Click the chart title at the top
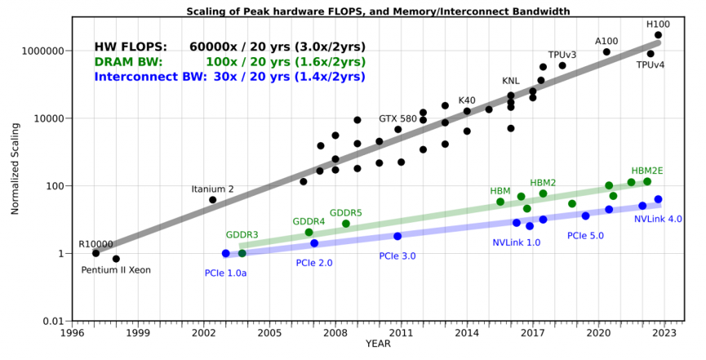(x=378, y=11)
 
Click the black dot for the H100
(x=658, y=35)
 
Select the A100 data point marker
(x=606, y=51)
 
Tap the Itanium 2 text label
(x=212, y=189)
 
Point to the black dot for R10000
(x=95, y=253)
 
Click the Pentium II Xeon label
(x=116, y=270)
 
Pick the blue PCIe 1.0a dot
(x=225, y=253)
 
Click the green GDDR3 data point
(x=242, y=253)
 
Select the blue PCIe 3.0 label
(x=397, y=256)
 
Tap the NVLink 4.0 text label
(x=658, y=220)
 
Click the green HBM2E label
(x=647, y=171)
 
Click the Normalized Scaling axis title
(x=15, y=168)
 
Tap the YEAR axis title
(x=378, y=344)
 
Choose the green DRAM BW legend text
(x=128, y=62)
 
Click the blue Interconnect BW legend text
(x=150, y=77)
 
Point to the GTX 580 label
(x=397, y=118)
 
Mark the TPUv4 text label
(x=650, y=64)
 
